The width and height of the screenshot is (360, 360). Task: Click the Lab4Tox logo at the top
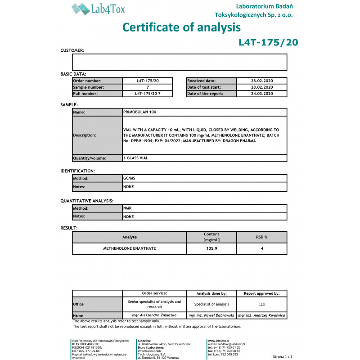(x=98, y=9)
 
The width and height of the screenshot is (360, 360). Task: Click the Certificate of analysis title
(x=181, y=27)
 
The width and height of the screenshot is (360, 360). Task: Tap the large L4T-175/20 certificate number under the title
(x=268, y=43)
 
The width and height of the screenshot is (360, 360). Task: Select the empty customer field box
(x=180, y=62)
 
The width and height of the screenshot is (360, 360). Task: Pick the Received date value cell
(x=262, y=81)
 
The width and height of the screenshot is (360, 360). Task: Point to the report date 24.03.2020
(x=262, y=94)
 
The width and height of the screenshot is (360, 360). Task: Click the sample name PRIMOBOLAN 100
(x=140, y=112)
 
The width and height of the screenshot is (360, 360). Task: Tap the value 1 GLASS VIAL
(x=136, y=158)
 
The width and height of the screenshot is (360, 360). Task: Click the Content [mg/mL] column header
(x=211, y=237)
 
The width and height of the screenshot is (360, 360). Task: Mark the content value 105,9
(x=211, y=248)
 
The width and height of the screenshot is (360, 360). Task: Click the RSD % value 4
(x=262, y=248)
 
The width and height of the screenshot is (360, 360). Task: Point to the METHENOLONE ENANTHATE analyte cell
(x=130, y=248)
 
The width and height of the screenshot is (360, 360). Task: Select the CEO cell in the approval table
(x=262, y=304)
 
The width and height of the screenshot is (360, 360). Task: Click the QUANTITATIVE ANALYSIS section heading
(x=87, y=201)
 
